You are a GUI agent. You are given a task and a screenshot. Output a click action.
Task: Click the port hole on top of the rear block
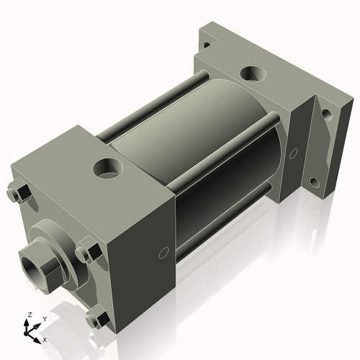point(254,73)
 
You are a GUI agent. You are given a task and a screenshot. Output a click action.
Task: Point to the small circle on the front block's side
point(163,252)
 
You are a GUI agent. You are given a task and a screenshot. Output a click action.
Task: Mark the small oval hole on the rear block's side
point(293,153)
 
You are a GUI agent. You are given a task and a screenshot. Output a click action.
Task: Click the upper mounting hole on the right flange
point(326,114)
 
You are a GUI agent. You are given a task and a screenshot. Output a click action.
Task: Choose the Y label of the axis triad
point(44,318)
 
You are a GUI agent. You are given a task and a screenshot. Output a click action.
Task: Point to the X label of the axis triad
point(45,338)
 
